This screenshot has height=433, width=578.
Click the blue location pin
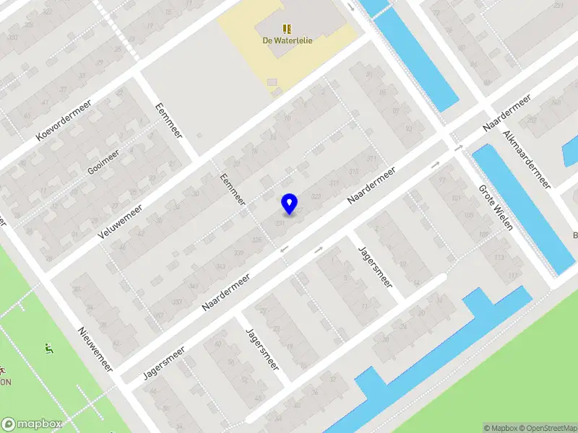(290, 204)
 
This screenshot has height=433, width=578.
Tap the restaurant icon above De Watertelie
(287, 28)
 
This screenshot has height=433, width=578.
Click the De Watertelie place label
(287, 40)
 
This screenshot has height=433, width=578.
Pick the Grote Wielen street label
(496, 207)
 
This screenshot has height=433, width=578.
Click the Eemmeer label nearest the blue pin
(233, 190)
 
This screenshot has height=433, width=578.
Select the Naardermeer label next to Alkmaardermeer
(507, 112)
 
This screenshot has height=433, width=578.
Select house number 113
(499, 258)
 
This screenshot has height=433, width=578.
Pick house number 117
(514, 275)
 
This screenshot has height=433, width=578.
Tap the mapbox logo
(31, 424)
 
